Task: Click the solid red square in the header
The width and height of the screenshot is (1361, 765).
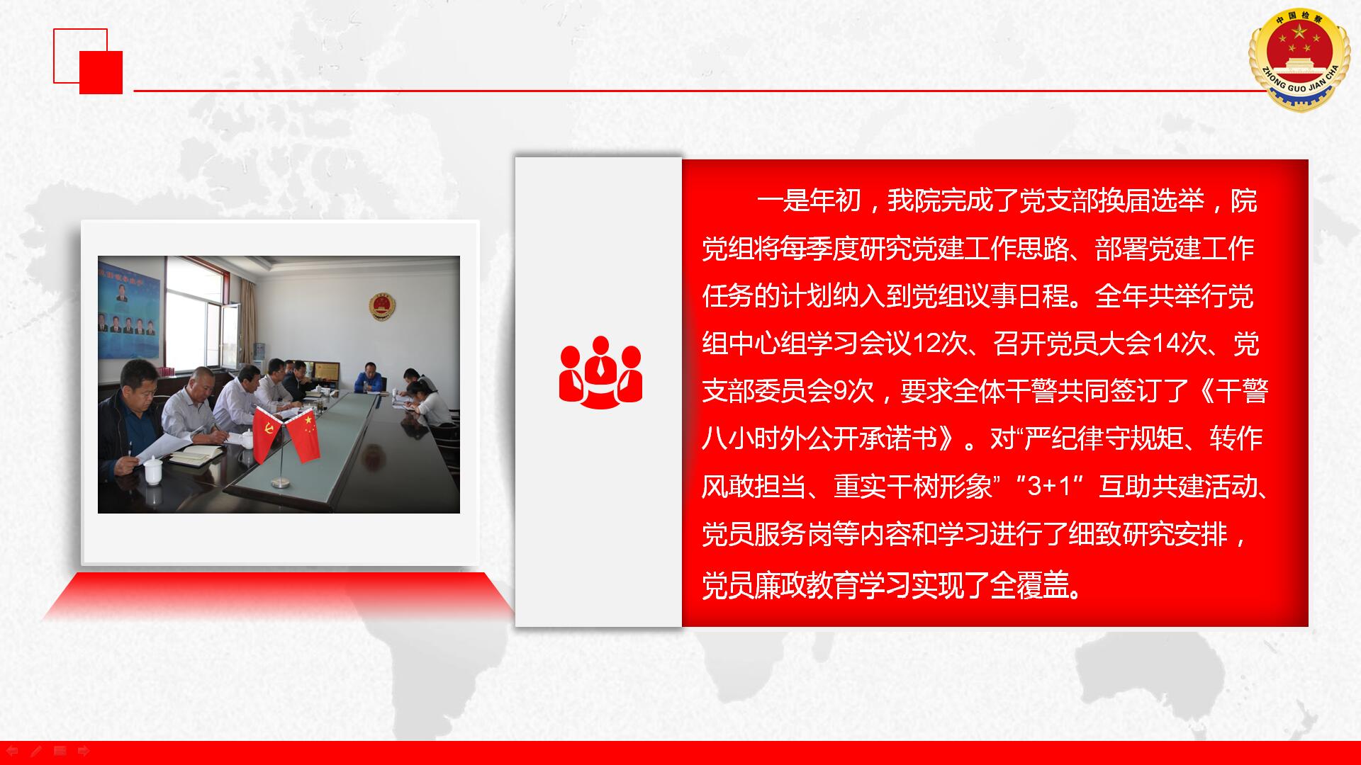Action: [101, 72]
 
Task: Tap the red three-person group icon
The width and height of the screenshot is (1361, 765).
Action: [600, 372]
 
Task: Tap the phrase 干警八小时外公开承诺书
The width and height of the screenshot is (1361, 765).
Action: [985, 415]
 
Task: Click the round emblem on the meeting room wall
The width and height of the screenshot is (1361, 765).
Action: [382, 306]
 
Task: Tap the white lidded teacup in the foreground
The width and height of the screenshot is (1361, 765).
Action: [153, 470]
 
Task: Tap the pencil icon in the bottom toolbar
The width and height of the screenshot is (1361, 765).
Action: [36, 751]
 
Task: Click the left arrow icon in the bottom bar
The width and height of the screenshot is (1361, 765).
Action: [12, 751]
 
